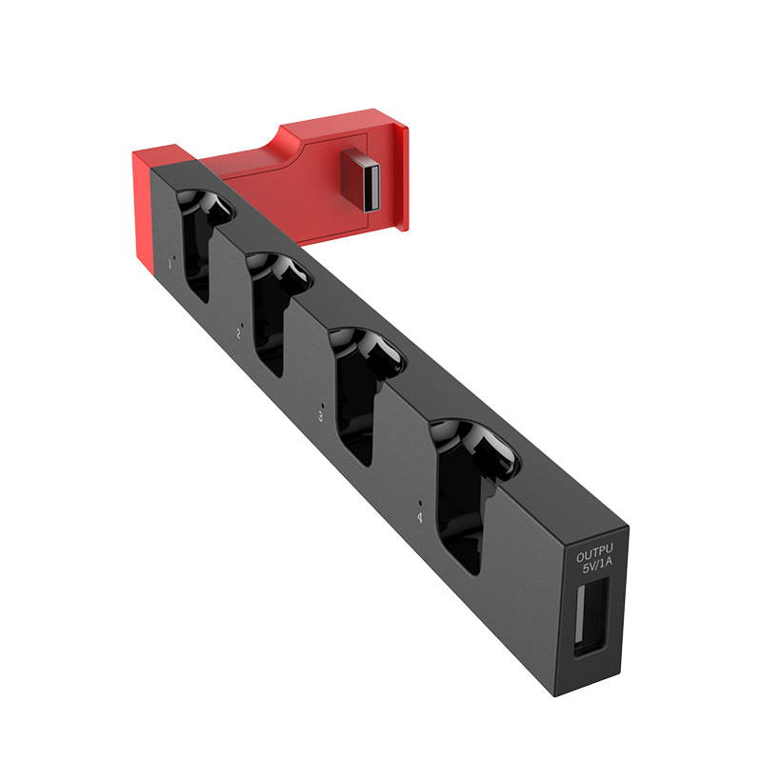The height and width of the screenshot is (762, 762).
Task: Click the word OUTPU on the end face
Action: coord(593,551)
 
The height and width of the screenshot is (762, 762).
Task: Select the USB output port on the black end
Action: coord(591,616)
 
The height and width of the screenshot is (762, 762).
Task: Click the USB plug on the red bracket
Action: coord(363,179)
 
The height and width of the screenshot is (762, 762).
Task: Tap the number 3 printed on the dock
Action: coord(320,416)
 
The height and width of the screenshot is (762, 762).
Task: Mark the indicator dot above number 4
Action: coord(421,501)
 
